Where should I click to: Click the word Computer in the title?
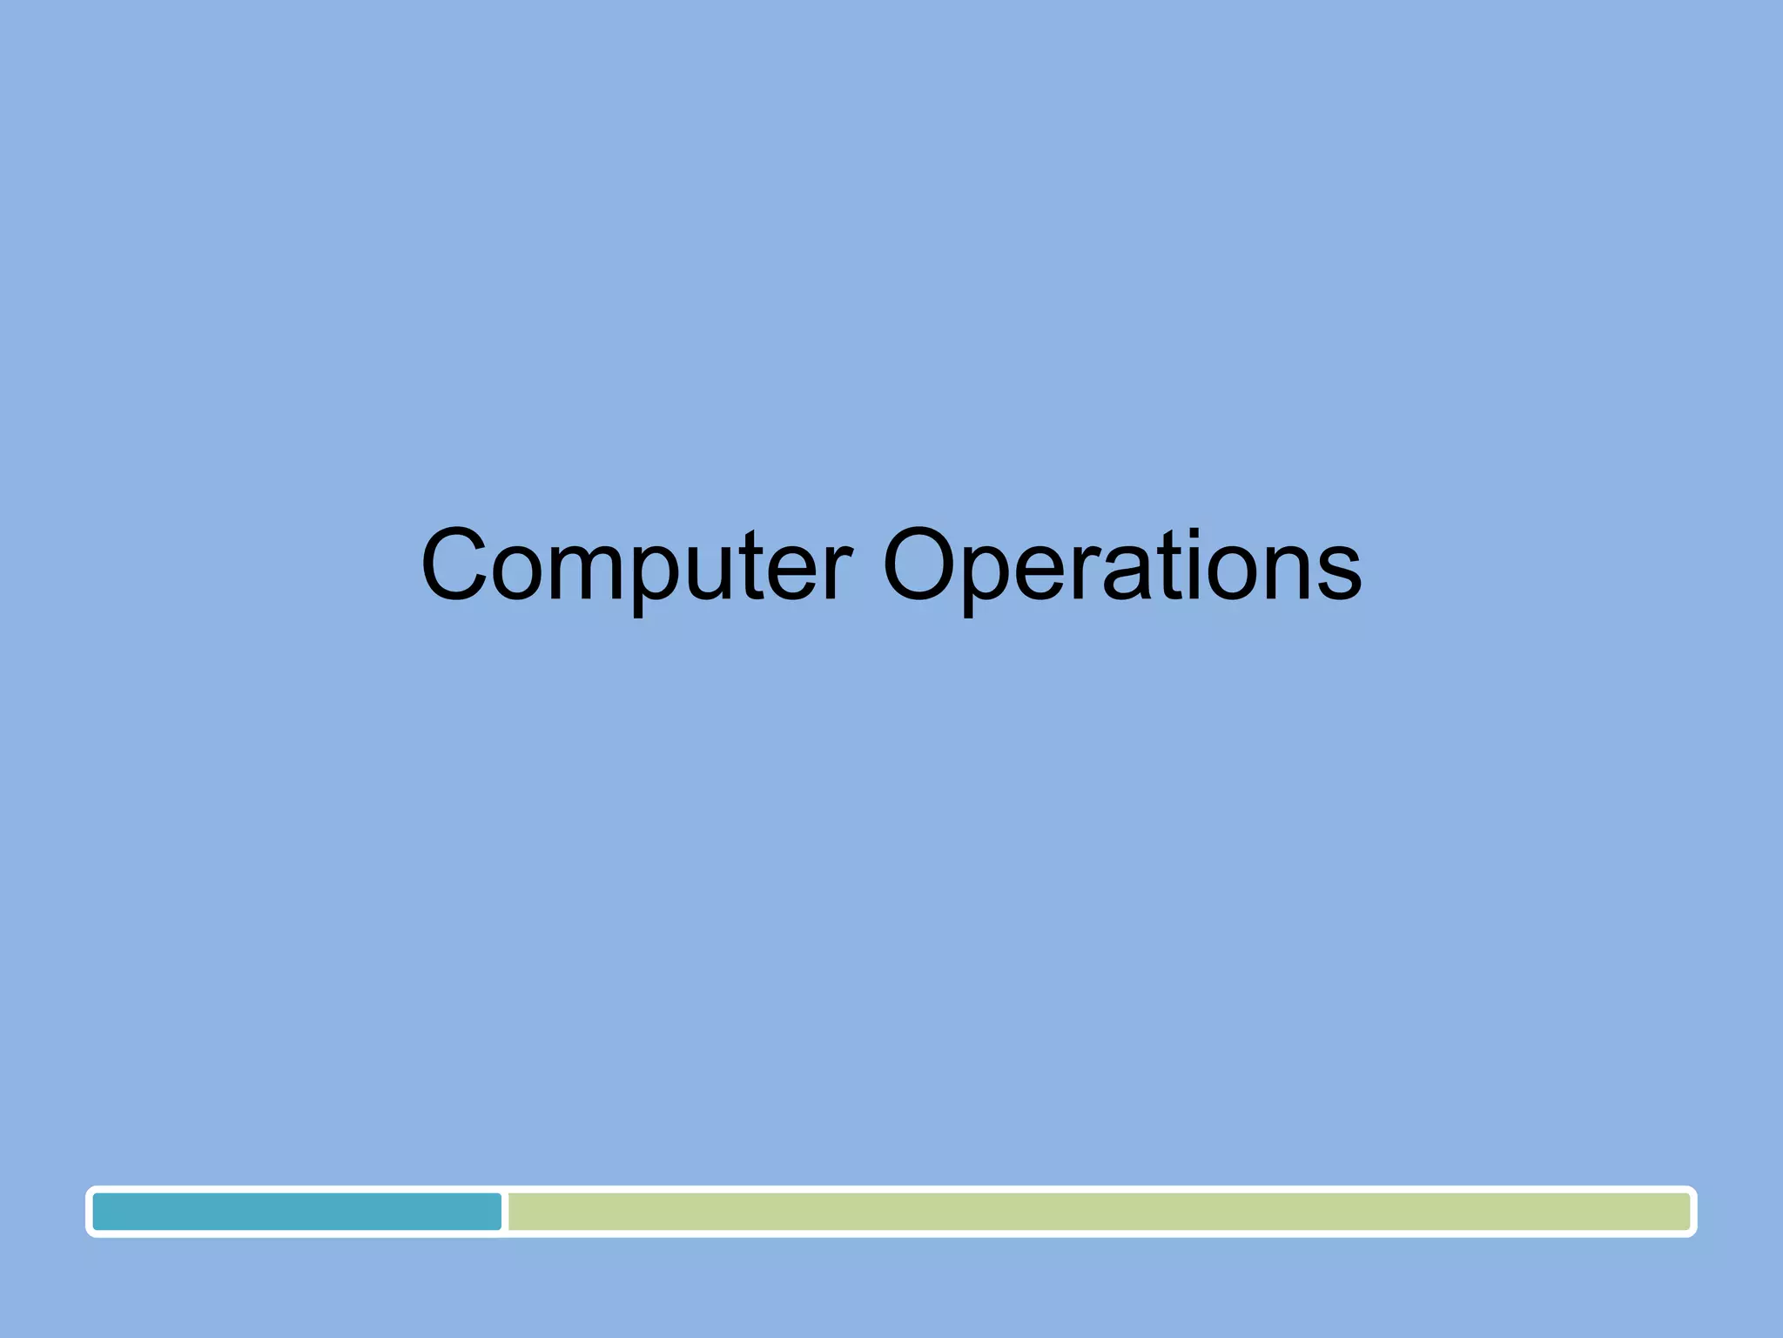[636, 566]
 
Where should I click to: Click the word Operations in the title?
[1122, 566]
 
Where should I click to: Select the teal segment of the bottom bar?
[297, 1212]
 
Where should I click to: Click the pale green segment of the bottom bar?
[1098, 1212]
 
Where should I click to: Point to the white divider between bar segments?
[505, 1212]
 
